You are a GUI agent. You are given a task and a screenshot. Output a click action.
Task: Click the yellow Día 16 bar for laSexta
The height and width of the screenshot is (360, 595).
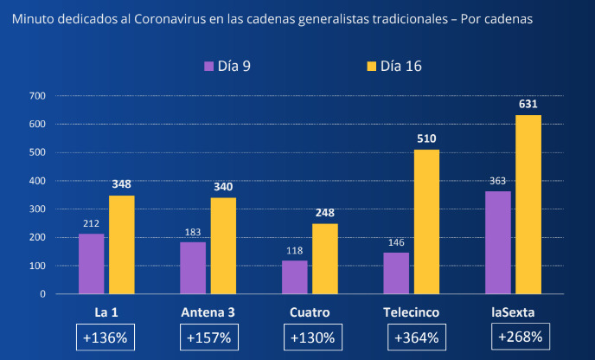(528, 204)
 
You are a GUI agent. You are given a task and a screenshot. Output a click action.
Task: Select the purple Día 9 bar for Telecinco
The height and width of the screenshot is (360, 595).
(396, 273)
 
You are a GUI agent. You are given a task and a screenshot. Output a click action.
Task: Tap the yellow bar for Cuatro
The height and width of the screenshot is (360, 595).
(325, 258)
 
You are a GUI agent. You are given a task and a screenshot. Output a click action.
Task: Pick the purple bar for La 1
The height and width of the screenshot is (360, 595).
(91, 263)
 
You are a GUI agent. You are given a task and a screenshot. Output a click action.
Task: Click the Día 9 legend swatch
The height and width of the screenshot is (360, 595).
(208, 66)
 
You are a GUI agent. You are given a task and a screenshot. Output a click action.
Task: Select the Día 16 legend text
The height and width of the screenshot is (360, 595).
(401, 66)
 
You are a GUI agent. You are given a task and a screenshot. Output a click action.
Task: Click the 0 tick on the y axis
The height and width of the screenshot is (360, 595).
(42, 294)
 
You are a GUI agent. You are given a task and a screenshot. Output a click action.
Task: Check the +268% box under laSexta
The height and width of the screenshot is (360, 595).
(518, 337)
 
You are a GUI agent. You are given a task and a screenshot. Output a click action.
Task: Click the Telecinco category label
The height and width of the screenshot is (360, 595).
(412, 312)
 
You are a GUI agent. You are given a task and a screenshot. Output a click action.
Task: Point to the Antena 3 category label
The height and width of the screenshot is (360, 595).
(208, 312)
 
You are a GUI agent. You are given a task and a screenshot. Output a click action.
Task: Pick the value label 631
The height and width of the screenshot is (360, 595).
(528, 104)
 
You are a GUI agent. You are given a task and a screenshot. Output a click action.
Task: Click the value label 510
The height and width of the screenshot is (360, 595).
(426, 138)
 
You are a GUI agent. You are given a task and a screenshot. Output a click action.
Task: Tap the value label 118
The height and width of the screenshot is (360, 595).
(294, 251)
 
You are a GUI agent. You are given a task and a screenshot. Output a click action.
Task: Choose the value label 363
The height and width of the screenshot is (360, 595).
(497, 181)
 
